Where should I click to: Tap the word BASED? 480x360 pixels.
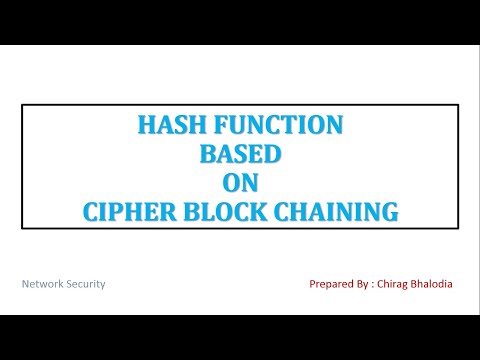click(239, 154)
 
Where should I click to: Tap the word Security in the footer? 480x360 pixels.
click(86, 284)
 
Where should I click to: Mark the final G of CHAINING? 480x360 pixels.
click(390, 211)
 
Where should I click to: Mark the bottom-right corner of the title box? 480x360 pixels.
click(458, 228)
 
